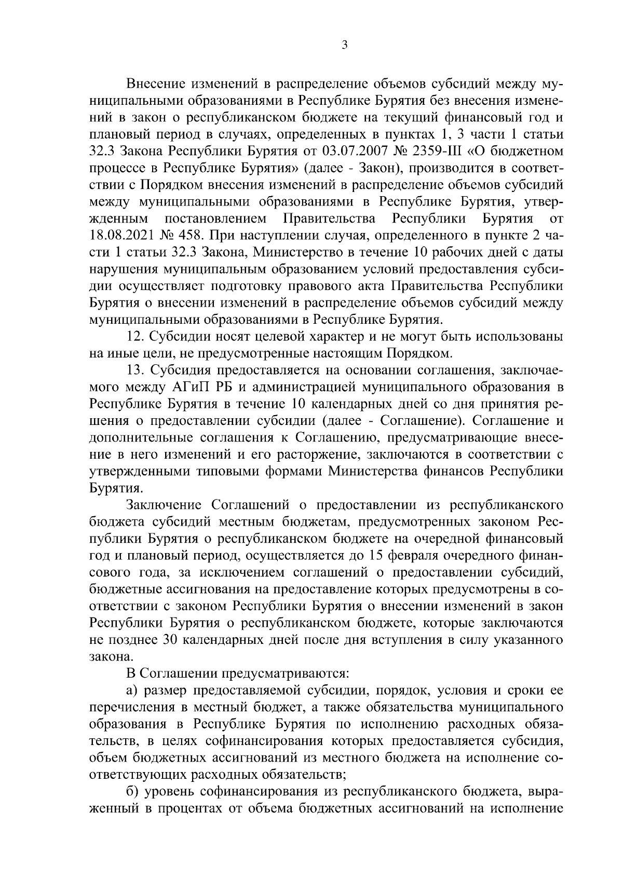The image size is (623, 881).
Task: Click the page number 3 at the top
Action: pos(344,45)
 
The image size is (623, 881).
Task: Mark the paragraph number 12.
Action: pos(135,336)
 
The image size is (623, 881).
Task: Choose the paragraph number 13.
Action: pos(135,369)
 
